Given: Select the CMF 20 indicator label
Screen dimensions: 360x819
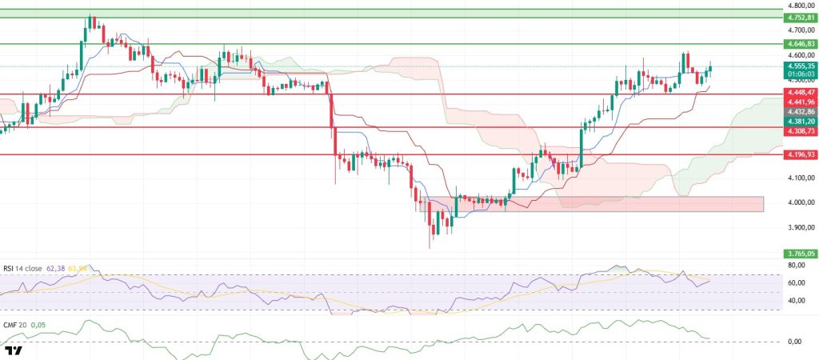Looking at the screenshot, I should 16,326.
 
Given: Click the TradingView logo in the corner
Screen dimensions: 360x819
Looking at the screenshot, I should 14,351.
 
